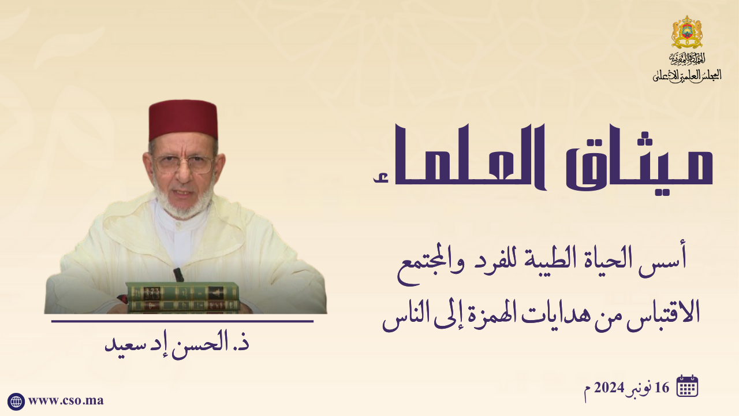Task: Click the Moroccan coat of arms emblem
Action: tap(687, 32)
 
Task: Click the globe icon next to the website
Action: tap(16, 402)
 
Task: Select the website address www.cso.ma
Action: tap(66, 400)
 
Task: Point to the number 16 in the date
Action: tap(662, 388)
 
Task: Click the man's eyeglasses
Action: tap(184, 164)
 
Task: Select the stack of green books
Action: tap(182, 297)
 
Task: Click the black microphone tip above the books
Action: tap(178, 274)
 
